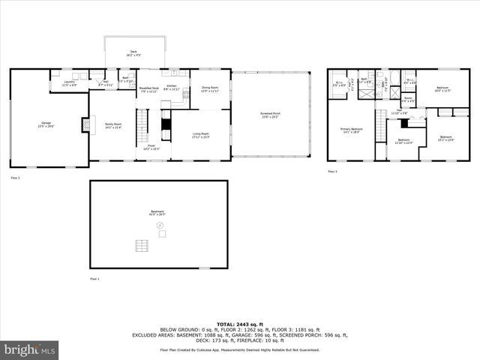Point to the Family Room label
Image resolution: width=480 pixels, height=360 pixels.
(113, 125)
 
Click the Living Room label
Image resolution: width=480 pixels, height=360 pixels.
(201, 136)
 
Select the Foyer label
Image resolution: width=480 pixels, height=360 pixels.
(151, 147)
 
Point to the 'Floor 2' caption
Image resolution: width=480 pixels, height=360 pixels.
(15, 178)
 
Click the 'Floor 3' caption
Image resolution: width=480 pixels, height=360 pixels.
(331, 172)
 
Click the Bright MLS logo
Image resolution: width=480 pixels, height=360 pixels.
(30, 349)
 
